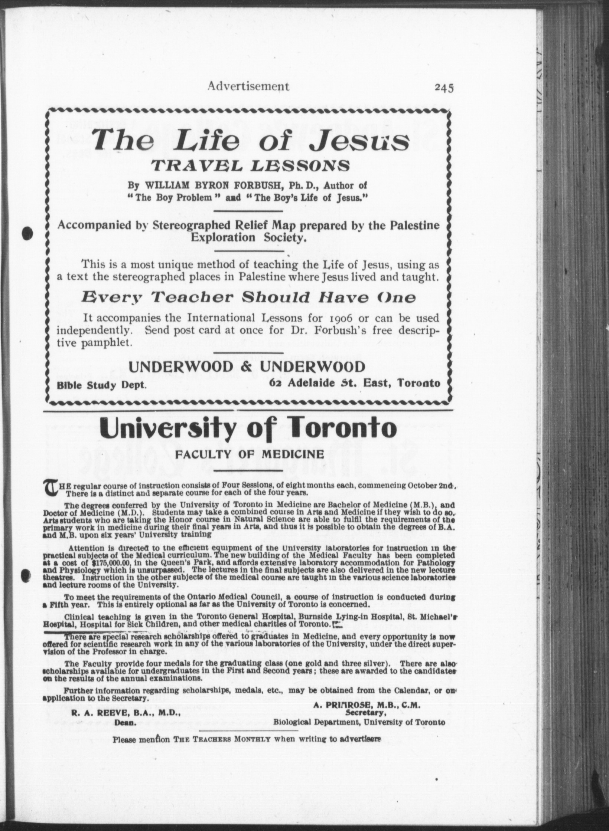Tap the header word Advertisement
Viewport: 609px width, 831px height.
pos(248,86)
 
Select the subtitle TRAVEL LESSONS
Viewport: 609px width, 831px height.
pos(252,166)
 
